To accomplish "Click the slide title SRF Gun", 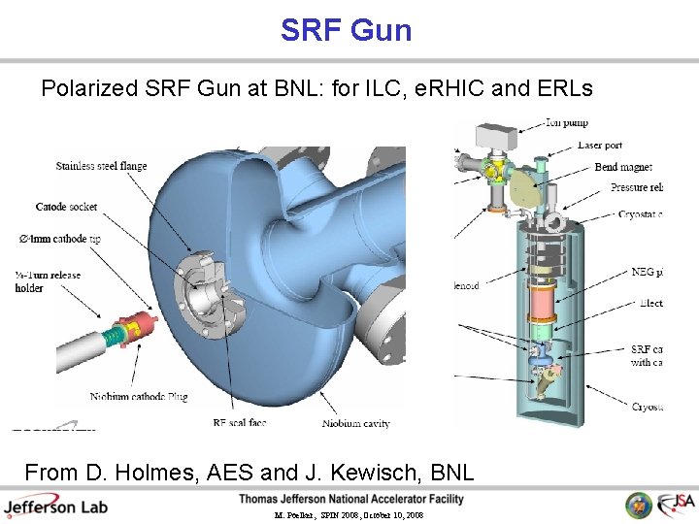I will click(346, 30).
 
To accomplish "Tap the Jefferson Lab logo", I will click(55, 506).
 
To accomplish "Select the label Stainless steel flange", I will click(101, 166).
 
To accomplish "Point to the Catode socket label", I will click(65, 207).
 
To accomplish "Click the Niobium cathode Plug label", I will click(138, 396).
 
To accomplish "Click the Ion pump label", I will click(567, 123).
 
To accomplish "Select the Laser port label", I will click(599, 146).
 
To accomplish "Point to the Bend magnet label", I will click(623, 167).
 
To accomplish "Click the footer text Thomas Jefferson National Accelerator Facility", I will click(350, 500).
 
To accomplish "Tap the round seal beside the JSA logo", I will click(640, 505).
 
